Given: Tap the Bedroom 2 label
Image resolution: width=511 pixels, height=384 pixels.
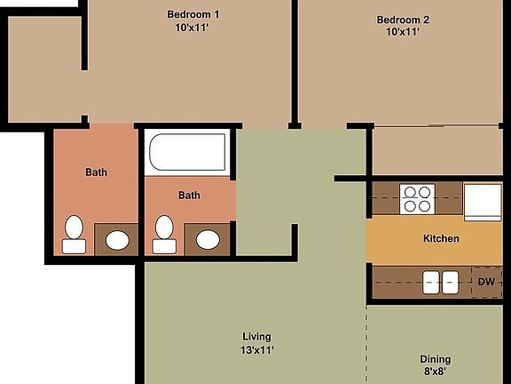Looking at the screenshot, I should coord(403,20).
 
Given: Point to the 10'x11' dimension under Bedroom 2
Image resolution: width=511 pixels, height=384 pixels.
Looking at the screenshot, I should coord(403,32).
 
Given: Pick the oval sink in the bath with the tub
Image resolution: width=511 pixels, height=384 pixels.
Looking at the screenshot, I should coord(208,238).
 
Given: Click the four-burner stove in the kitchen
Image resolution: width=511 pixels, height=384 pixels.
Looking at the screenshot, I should coord(416,199).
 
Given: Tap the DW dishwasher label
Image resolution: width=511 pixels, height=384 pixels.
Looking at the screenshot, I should coord(486,283).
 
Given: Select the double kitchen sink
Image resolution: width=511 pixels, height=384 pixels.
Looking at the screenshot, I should coord(440,282).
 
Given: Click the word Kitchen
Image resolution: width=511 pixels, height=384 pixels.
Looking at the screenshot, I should coord(441,238).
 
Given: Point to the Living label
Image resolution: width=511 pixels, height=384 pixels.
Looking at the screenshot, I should coord(256,336).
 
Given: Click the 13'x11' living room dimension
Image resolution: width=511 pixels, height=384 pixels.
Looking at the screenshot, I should coord(256,349).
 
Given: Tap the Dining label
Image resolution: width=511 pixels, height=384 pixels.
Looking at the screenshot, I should coord(436,359).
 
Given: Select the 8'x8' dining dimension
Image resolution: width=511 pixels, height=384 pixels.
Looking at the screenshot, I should coord(436,372).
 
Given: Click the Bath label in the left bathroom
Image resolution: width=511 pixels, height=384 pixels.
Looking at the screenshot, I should coord(96,172).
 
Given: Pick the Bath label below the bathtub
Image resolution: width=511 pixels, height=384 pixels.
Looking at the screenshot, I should coord(189,196).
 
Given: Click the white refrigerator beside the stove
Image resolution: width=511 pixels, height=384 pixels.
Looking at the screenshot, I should coord(483,200).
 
